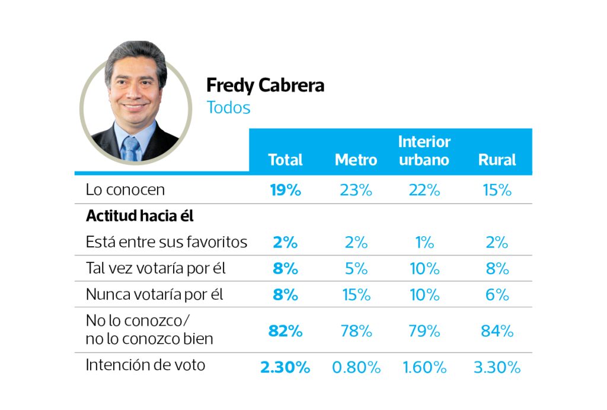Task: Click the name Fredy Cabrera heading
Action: [265, 85]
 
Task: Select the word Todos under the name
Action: [228, 108]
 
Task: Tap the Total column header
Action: [285, 160]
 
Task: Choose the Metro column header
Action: [356, 160]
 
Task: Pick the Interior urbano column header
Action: [424, 151]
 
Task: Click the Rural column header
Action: [497, 160]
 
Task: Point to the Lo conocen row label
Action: [125, 190]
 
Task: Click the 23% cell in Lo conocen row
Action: [356, 190]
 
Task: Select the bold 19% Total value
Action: [285, 190]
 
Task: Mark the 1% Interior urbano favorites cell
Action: [424, 242]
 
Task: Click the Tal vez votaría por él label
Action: [156, 268]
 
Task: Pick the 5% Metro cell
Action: [356, 268]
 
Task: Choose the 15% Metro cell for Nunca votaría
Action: [356, 294]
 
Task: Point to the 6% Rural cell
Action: [497, 294]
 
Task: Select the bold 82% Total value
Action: [285, 331]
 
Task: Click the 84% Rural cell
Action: [497, 331]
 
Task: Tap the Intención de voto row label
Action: [145, 364]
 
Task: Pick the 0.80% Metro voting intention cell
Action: [356, 367]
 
